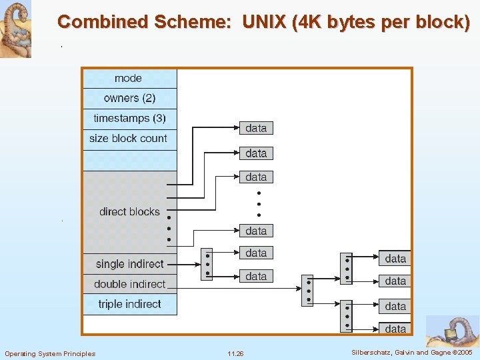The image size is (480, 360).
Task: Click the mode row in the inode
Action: [x=129, y=79]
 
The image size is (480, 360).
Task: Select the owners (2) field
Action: [x=129, y=98]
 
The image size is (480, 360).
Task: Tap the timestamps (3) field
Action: [x=129, y=119]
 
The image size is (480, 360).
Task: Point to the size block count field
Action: [x=128, y=139]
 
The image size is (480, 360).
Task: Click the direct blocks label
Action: [x=129, y=212]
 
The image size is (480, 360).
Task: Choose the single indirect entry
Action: [x=129, y=264]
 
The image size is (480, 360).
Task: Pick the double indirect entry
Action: [x=129, y=284]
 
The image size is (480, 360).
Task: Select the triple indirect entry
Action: [x=129, y=304]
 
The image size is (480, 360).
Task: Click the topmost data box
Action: [x=256, y=128]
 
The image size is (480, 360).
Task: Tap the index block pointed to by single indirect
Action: [x=207, y=264]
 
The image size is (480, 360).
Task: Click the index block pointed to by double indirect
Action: [x=307, y=291]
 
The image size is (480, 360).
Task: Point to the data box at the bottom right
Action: [x=395, y=328]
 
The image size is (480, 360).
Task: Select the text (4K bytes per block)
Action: [x=379, y=22]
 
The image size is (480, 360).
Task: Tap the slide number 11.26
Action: [x=235, y=353]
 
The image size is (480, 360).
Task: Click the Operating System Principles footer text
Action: [x=50, y=353]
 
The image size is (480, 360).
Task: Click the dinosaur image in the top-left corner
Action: [x=15, y=29]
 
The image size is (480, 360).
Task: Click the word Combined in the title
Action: [x=103, y=22]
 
